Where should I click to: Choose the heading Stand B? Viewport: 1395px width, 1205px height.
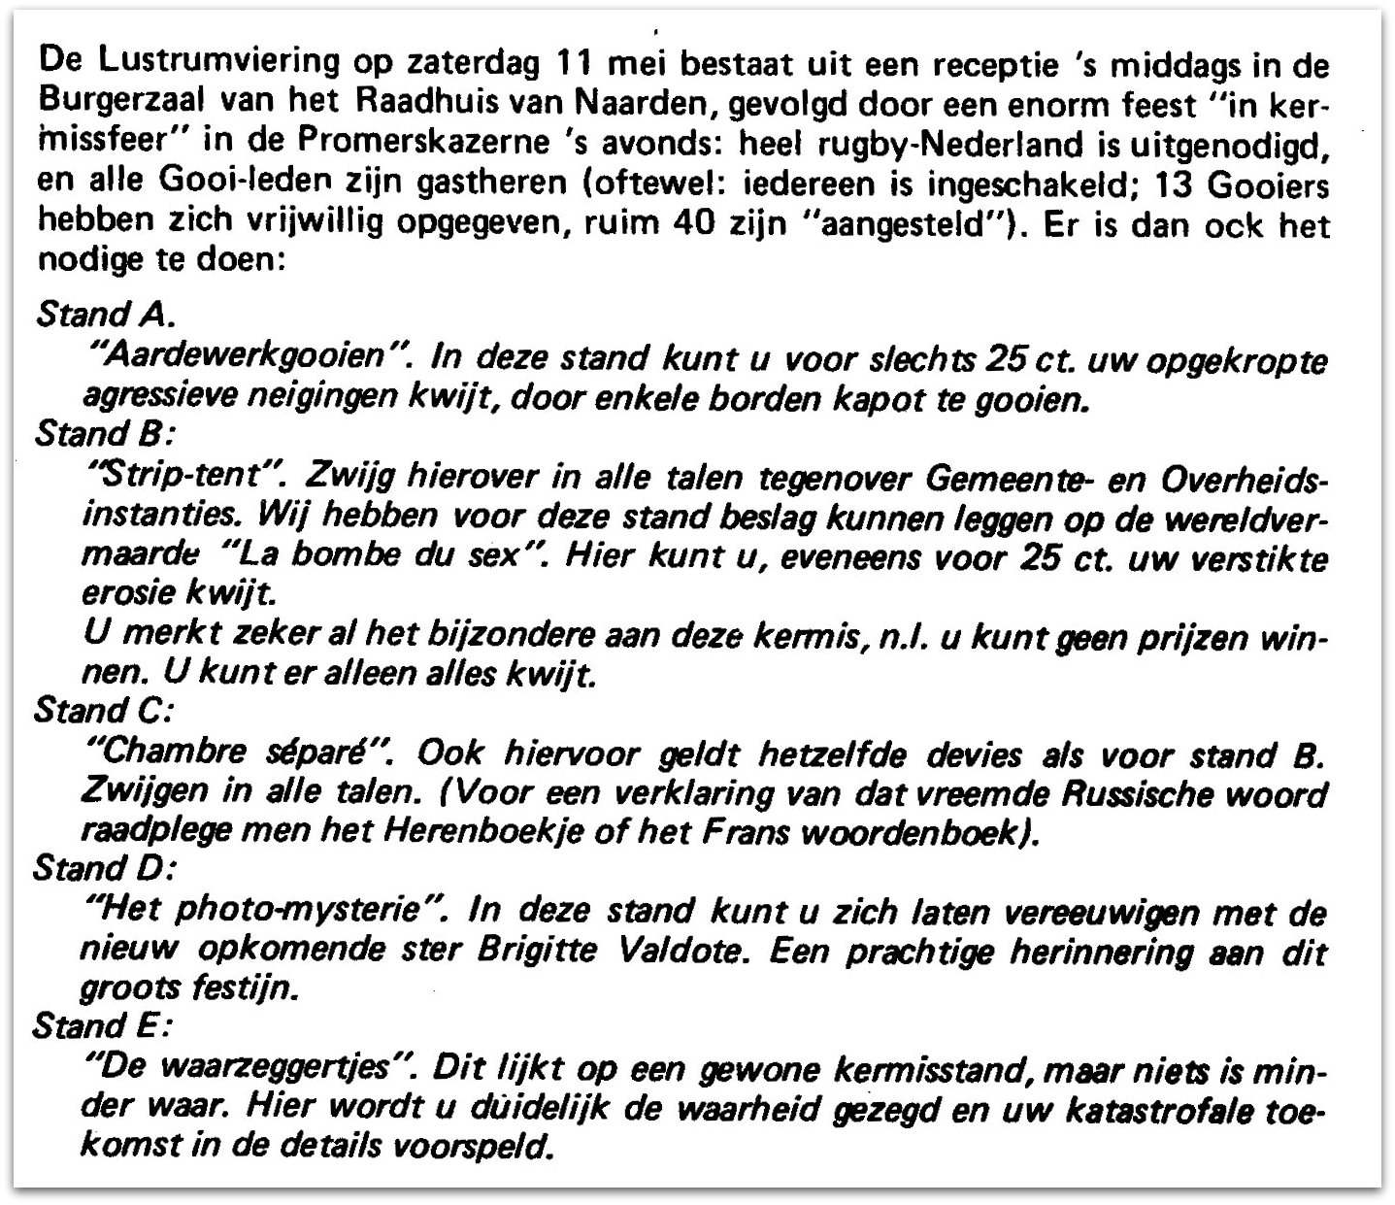[x=107, y=434]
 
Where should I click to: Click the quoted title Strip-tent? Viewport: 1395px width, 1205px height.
[x=184, y=477]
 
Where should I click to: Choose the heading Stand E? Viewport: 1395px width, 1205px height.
[x=105, y=1026]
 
